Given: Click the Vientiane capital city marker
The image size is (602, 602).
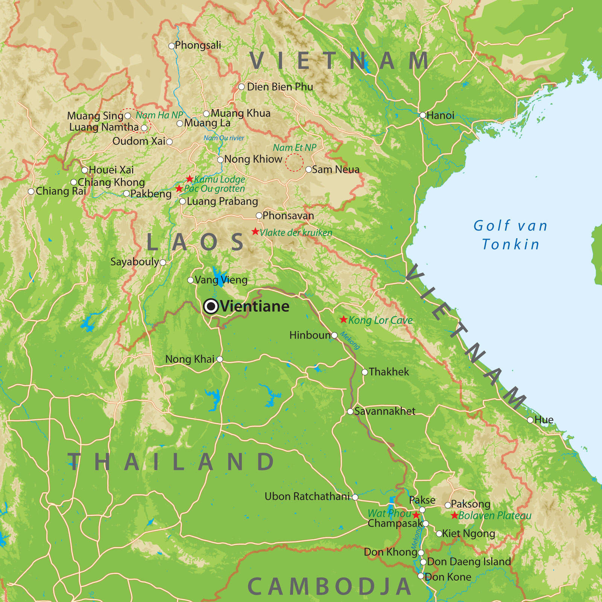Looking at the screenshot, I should click(211, 307).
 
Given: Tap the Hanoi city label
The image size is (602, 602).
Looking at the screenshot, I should click(440, 116).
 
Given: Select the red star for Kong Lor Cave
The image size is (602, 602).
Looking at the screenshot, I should click(343, 319).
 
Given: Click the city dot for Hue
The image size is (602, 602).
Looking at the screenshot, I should click(530, 420).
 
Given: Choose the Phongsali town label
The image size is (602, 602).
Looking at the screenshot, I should click(198, 45).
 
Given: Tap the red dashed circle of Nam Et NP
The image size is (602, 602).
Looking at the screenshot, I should click(294, 163).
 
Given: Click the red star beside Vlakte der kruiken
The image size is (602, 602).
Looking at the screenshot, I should click(255, 231).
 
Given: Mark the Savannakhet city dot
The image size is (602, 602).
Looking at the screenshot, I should click(350, 412).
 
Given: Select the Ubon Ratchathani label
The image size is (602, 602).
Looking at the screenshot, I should click(307, 496).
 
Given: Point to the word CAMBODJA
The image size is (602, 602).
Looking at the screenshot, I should click(329, 586).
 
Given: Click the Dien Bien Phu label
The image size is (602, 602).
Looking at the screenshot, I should click(280, 87).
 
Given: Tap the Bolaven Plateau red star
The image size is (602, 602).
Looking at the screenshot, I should click(455, 515).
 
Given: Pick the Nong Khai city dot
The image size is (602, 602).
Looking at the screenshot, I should click(220, 359).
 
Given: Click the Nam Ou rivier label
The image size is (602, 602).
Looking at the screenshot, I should click(223, 138).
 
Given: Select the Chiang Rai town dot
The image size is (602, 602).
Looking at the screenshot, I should click(31, 192).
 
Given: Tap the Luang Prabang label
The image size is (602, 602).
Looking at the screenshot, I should click(222, 201).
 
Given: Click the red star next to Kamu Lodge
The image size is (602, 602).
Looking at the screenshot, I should click(190, 179).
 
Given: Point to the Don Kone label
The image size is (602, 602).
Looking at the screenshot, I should click(448, 577).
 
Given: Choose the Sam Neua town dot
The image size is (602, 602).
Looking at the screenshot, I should click(309, 170).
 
